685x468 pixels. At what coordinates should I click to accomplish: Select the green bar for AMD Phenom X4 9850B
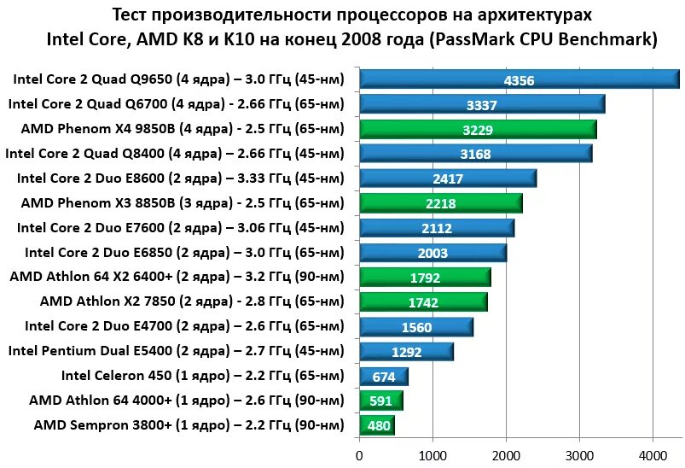(x=478, y=130)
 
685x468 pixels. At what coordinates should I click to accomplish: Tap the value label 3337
(x=482, y=105)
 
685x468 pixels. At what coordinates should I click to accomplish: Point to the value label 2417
(x=447, y=179)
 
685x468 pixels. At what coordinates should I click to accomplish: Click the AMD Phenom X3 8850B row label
(x=183, y=203)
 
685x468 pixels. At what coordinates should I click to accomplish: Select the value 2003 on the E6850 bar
(x=432, y=253)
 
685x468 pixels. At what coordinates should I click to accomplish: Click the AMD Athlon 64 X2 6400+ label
(x=177, y=277)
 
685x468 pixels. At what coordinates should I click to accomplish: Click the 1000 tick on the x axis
(x=432, y=454)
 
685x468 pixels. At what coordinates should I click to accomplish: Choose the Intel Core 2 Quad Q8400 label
(x=175, y=155)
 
